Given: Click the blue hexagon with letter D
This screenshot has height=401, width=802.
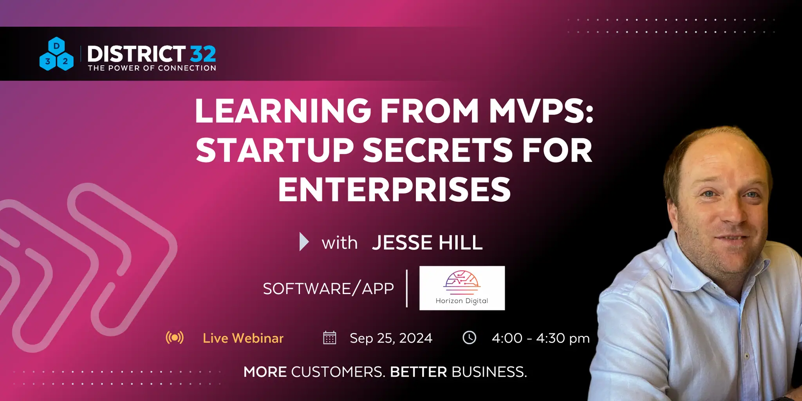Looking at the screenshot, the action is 57,46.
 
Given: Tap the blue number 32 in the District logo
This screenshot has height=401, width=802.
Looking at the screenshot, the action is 203,54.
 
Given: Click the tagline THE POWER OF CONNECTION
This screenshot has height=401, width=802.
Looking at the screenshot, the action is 152,68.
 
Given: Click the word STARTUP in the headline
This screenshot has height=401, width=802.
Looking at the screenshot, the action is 275,150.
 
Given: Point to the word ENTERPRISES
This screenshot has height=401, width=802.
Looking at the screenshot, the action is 394,190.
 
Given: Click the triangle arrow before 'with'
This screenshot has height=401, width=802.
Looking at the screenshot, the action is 304,242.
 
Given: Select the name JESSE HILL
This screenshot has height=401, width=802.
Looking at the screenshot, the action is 427,243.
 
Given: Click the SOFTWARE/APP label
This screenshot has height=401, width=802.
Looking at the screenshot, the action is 328,289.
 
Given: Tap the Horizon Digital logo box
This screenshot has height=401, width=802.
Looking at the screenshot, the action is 462,288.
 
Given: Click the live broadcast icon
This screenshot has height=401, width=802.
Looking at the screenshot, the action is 175,338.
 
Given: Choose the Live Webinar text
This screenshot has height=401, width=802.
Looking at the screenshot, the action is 243,338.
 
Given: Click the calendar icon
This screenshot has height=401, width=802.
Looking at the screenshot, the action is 330,338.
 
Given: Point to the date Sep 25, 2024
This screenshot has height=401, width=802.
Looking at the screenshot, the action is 391,338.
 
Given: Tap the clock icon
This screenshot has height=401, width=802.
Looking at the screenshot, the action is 470,338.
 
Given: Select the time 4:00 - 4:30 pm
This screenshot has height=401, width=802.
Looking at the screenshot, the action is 541,338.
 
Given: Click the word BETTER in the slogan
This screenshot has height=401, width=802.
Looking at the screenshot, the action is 419,372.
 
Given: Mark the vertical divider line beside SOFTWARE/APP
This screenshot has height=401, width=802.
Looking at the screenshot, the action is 407,288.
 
